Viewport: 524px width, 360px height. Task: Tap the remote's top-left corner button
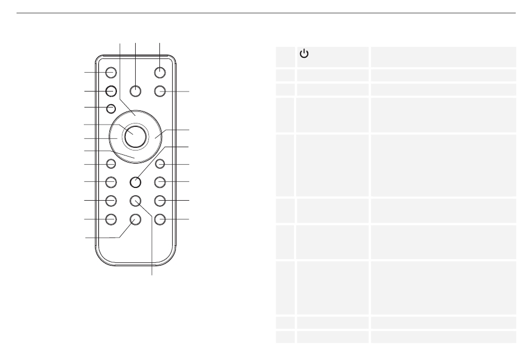tap(111, 72)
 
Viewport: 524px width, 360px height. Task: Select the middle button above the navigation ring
tap(135, 91)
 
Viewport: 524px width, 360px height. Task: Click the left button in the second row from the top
tap(111, 91)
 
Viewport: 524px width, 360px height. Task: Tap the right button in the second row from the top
tap(160, 91)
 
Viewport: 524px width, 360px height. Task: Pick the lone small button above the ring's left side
tap(111, 108)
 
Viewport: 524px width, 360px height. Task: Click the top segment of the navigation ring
tap(135, 116)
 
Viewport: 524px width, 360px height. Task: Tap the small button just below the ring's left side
tap(111, 163)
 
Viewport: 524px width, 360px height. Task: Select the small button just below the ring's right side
tap(160, 163)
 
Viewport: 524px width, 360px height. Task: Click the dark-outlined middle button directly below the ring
tap(135, 181)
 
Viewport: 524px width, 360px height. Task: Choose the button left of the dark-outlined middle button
tap(111, 181)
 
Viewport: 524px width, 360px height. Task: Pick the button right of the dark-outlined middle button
tap(160, 181)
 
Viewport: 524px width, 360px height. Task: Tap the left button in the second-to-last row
tap(111, 201)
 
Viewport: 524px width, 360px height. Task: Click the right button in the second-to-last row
tap(160, 201)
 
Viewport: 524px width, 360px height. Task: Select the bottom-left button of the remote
tap(111, 219)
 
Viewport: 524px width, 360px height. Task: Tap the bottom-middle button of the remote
tap(135, 219)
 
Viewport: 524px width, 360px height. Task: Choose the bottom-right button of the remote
tap(160, 219)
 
